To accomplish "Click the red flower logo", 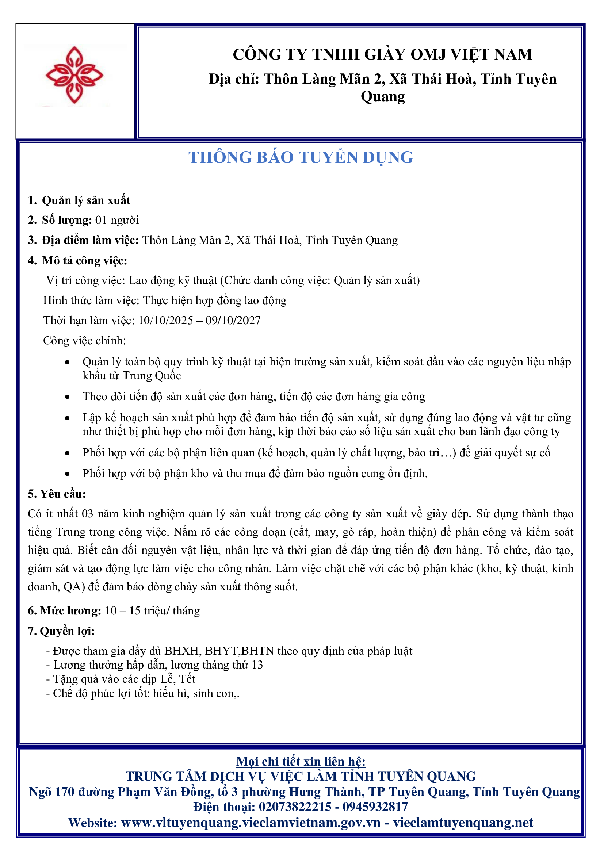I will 74,76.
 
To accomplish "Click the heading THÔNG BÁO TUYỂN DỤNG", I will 301,157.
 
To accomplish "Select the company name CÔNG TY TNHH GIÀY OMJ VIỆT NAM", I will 382,54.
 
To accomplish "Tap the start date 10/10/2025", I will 165,321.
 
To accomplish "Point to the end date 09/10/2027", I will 233,321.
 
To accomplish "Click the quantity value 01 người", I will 117,220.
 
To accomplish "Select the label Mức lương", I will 70,611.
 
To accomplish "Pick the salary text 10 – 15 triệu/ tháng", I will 153,611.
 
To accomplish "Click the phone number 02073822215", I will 295,807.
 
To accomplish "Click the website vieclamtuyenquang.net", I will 463,823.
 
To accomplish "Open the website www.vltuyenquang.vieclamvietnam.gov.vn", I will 251,823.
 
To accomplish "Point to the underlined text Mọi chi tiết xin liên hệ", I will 301,762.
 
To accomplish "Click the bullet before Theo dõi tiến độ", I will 67,397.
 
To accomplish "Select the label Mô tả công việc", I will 84,261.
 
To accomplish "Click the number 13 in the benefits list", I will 257,665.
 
